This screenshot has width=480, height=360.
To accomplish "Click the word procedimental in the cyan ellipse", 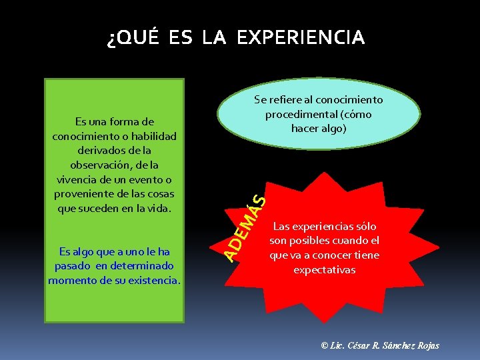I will [299, 114].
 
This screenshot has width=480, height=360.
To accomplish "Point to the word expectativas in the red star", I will [324, 269].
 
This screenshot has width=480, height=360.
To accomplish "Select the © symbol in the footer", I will [324, 345].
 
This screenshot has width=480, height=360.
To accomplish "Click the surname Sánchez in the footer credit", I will [399, 345].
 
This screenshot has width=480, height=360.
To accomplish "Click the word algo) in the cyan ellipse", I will [333, 128].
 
